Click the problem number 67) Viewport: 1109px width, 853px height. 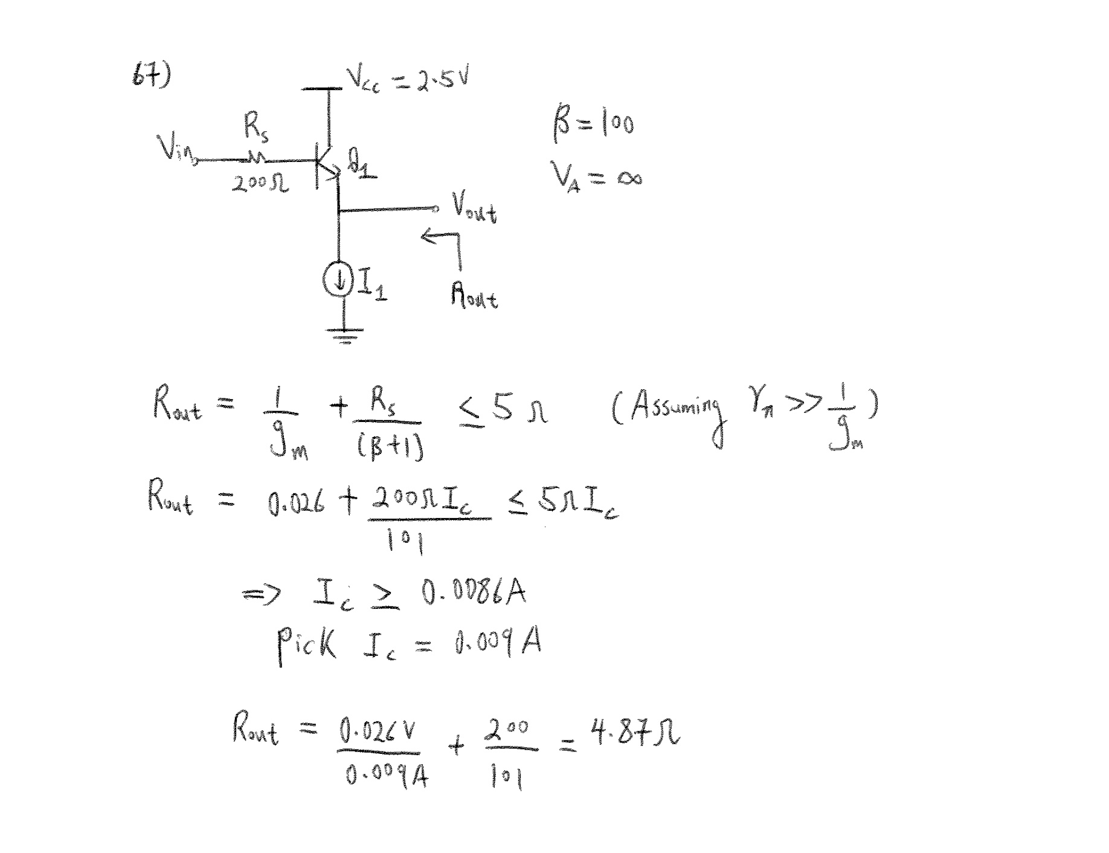point(151,77)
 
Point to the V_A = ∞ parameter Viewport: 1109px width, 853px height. point(595,176)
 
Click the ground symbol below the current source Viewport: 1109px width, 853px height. point(344,334)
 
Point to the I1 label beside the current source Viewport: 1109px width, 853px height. point(372,284)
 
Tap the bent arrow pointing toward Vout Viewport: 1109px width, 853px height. point(444,245)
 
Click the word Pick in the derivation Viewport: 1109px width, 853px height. point(306,644)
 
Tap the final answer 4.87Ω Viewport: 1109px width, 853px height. point(635,732)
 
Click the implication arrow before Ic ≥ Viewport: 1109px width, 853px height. point(261,595)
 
